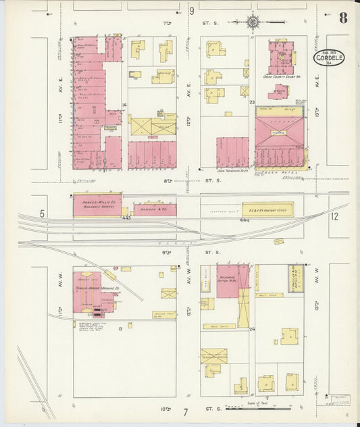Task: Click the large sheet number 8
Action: [x=343, y=18]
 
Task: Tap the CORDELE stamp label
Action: [x=328, y=59]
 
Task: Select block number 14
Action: [x=124, y=105]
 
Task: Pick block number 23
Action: [x=251, y=103]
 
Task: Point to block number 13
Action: [x=120, y=328]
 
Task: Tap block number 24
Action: [x=251, y=329]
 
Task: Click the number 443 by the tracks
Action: [x=126, y=218]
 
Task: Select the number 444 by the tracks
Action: [x=245, y=220]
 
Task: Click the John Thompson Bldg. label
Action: [x=230, y=171]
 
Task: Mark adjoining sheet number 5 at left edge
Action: [x=41, y=214]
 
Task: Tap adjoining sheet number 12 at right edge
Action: [x=334, y=216]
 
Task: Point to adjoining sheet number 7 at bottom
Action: [x=184, y=411]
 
